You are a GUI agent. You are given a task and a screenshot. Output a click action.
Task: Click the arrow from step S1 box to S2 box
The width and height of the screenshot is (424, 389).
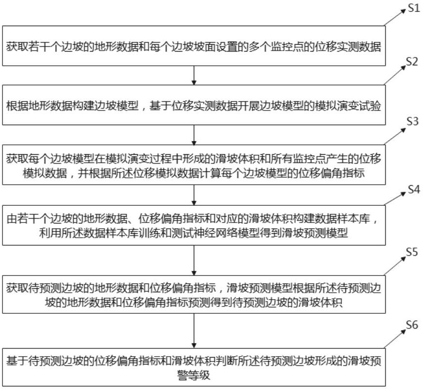coord(195,75)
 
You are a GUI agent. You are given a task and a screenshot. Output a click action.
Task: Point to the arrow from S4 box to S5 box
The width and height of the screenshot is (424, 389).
coord(195,260)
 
